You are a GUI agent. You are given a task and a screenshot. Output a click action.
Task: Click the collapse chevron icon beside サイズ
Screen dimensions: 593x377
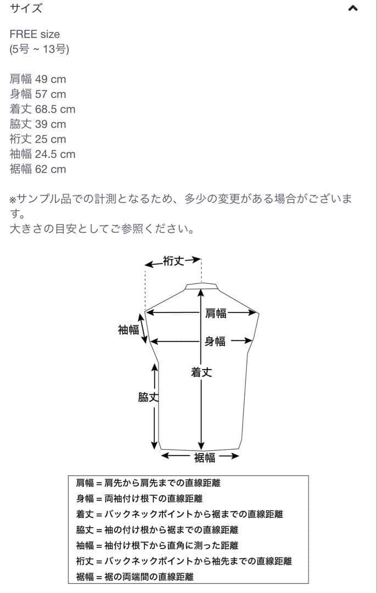coord(353,8)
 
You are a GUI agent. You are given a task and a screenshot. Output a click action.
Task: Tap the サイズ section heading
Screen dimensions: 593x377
coord(26,8)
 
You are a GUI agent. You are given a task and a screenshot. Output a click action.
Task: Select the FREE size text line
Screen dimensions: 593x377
coord(35,34)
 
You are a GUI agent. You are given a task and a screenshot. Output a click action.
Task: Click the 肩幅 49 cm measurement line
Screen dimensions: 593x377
coord(38,79)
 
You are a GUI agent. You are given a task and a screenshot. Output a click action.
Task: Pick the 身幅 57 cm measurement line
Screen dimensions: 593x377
coord(38,94)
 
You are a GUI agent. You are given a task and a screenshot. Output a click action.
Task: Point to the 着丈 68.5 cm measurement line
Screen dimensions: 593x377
coord(42,109)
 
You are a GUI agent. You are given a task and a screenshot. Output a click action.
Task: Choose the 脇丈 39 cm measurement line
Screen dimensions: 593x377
coord(38,124)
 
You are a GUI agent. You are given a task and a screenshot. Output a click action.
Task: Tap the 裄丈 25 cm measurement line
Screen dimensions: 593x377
coord(38,139)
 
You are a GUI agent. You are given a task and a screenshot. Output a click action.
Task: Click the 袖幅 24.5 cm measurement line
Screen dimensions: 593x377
coord(42,154)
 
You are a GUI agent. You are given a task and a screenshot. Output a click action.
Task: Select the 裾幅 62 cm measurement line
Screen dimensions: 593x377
coord(38,169)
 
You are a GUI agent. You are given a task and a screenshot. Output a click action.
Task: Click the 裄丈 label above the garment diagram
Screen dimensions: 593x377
coord(174,261)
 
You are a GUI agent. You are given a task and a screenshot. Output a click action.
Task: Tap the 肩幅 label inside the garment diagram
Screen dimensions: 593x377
coord(216,314)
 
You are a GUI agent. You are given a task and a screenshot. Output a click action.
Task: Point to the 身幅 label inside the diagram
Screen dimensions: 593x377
coord(215,342)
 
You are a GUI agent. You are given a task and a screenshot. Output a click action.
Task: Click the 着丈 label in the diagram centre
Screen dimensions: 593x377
coord(201,372)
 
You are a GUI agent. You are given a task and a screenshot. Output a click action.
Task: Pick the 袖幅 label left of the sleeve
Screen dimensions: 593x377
coord(128,330)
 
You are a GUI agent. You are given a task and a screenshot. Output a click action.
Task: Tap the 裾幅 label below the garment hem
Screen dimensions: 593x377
coord(204,457)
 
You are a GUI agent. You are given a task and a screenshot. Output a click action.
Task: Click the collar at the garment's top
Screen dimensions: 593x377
coord(201,286)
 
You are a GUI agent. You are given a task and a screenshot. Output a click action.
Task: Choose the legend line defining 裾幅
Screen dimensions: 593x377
coord(134,577)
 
